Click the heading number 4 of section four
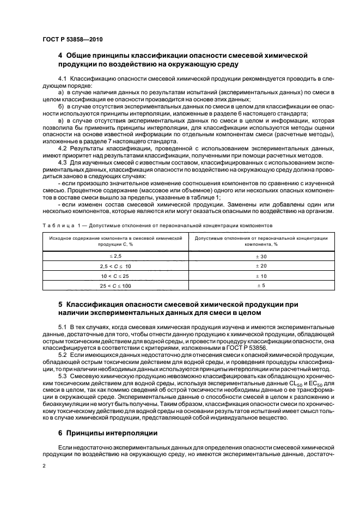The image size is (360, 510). pos(60,56)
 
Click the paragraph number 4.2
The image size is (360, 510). pos(62,148)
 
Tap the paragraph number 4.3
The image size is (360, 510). pos(62,162)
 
